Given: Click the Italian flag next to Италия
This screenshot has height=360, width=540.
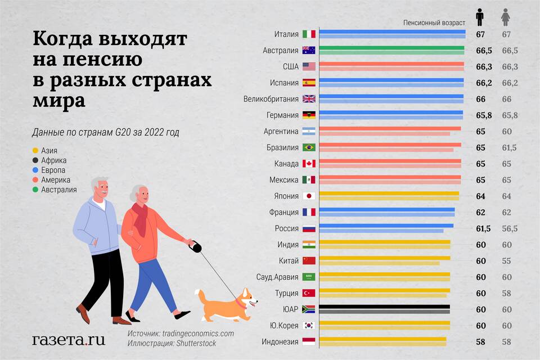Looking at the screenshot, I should [x=308, y=34].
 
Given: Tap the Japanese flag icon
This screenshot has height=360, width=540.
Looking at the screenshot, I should [x=308, y=196].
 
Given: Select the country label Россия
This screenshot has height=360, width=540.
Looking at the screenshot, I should [x=286, y=229].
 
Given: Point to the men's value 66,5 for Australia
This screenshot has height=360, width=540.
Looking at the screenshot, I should [x=484, y=51].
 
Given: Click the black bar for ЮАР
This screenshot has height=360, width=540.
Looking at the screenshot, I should [x=385, y=307].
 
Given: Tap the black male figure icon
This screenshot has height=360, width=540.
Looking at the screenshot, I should [x=479, y=17].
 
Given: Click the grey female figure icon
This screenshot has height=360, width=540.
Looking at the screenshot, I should [x=506, y=17].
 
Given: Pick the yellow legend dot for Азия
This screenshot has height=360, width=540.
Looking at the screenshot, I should [x=35, y=150].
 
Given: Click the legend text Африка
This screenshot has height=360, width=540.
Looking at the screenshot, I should [x=54, y=160].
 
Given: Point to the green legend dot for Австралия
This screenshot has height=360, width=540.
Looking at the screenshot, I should [x=35, y=190].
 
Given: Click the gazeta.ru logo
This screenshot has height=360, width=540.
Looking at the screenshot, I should [x=68, y=340].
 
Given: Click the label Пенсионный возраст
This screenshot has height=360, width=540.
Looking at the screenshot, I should [x=434, y=22].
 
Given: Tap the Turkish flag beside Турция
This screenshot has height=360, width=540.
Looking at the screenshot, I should [x=308, y=293].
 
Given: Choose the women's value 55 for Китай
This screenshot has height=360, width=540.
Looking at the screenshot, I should [x=506, y=261].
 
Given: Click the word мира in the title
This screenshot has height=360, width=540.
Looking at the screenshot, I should [x=59, y=101].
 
